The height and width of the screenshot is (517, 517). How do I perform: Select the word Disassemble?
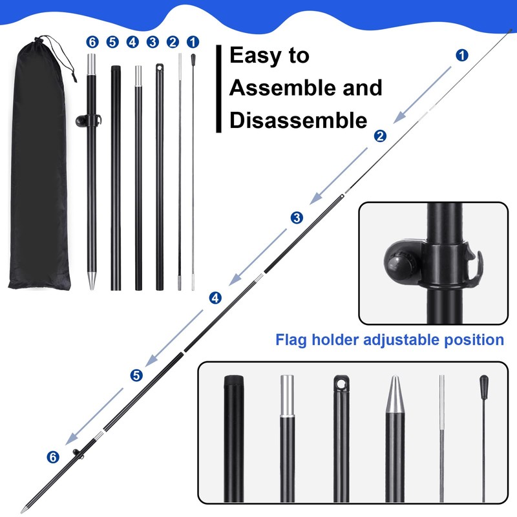(298, 120)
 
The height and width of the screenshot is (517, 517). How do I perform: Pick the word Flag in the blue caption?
(293, 339)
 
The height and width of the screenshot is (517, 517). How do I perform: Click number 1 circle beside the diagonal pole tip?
(462, 55)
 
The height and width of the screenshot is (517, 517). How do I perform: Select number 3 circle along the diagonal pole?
(296, 218)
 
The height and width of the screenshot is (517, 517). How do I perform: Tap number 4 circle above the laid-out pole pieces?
(132, 42)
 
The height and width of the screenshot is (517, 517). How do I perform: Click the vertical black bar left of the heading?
(219, 89)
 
